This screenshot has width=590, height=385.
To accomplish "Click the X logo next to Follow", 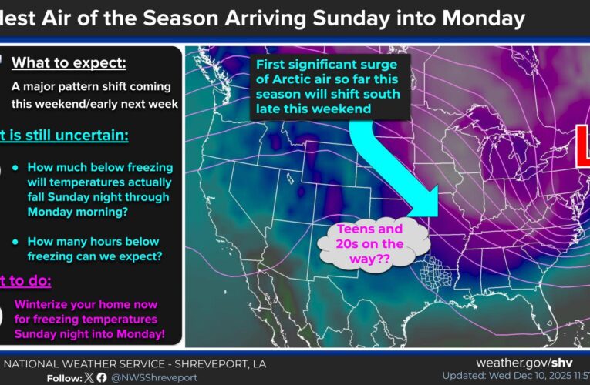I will [x=89, y=377].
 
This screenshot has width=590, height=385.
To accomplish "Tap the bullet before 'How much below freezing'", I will [x=16, y=167].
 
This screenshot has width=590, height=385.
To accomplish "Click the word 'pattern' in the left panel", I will [x=89, y=87].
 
